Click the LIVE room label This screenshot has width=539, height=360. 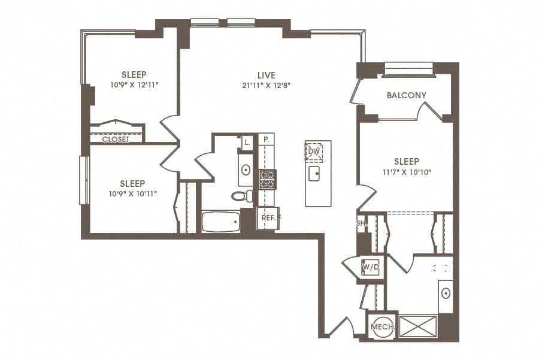(x=267, y=75)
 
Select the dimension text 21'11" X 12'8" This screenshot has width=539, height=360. (x=267, y=85)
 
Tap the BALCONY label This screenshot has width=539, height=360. (x=407, y=95)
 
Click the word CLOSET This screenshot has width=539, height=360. (x=116, y=139)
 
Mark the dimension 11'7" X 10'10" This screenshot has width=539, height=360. (x=407, y=172)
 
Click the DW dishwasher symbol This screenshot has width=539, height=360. (x=314, y=152)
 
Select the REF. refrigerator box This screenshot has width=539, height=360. (x=268, y=218)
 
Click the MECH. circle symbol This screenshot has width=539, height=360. (x=382, y=326)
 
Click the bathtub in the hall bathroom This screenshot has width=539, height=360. (x=220, y=222)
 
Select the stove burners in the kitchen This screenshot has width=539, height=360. (x=267, y=179)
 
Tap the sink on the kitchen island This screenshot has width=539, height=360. (x=314, y=174)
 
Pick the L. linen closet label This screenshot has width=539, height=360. (x=247, y=142)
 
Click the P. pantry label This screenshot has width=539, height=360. (x=266, y=140)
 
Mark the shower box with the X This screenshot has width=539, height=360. (x=417, y=326)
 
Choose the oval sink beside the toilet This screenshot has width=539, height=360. (x=246, y=170)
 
